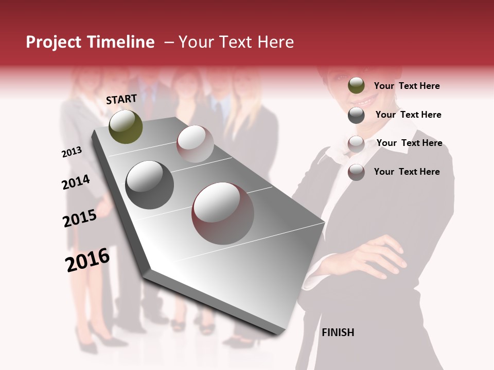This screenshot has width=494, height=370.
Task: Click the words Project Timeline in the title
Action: click(90, 42)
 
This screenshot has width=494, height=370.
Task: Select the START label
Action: click(121, 99)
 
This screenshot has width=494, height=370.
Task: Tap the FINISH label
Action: click(338, 332)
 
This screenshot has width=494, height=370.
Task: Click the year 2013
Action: click(72, 152)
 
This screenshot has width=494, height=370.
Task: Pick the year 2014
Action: click(76, 182)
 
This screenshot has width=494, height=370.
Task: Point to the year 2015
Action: click(80, 218)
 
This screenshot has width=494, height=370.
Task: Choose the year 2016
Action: click(87, 260)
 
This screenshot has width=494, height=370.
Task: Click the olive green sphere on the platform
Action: click(126, 126)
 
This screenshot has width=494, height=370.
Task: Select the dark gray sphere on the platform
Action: click(150, 184)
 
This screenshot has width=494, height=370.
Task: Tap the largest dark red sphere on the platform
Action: click(223, 213)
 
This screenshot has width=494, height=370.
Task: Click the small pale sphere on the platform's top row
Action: click(195, 144)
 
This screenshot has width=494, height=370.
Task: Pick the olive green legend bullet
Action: click(356, 86)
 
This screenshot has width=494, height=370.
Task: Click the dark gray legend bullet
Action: click(356, 115)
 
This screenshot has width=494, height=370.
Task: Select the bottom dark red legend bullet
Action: click(356, 172)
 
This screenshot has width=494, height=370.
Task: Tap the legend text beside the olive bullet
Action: click(407, 86)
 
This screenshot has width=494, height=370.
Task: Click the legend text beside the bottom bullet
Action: click(407, 172)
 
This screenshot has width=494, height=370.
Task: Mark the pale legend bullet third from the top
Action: click(356, 144)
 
